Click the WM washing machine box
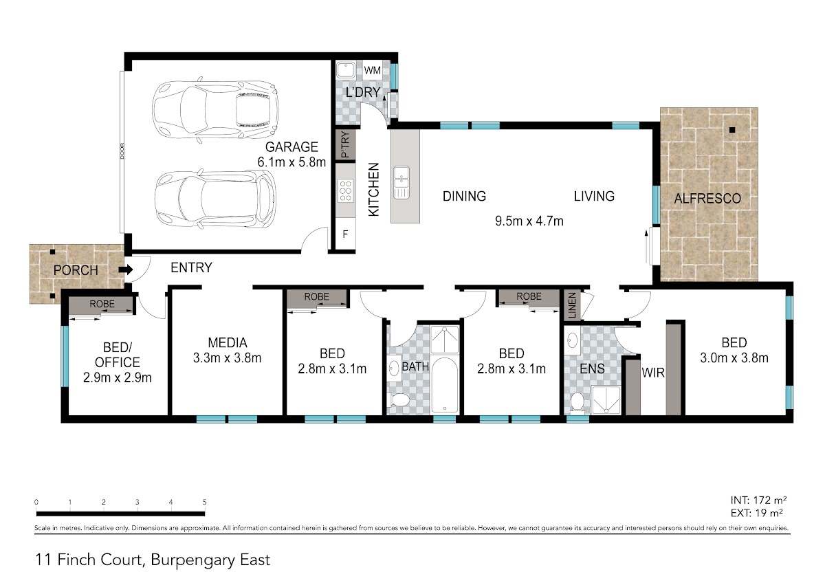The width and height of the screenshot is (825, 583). (x=372, y=70)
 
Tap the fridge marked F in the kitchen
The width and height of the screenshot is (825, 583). (x=345, y=234)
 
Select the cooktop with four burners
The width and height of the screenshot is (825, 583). (x=345, y=190)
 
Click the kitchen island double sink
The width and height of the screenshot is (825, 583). (x=401, y=182)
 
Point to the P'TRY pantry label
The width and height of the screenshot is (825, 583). (x=345, y=144)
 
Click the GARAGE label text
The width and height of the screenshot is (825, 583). (x=291, y=147)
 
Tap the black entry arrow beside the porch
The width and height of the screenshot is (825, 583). (x=126, y=269)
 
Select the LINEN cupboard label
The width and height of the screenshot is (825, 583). (x=572, y=305)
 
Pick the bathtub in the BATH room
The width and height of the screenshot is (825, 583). (x=445, y=384)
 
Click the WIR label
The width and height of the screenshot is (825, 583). (x=653, y=373)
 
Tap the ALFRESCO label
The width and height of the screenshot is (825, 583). (x=707, y=199)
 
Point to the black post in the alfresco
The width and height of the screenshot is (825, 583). (x=732, y=130)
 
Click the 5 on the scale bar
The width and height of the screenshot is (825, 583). (x=204, y=502)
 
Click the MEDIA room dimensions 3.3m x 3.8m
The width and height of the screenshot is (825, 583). (x=228, y=357)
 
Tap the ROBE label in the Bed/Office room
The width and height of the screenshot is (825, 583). (x=102, y=304)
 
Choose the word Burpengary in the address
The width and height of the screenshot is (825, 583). (x=193, y=560)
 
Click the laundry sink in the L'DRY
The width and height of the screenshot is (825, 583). (x=345, y=70)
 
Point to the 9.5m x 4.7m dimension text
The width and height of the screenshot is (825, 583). (x=529, y=221)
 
